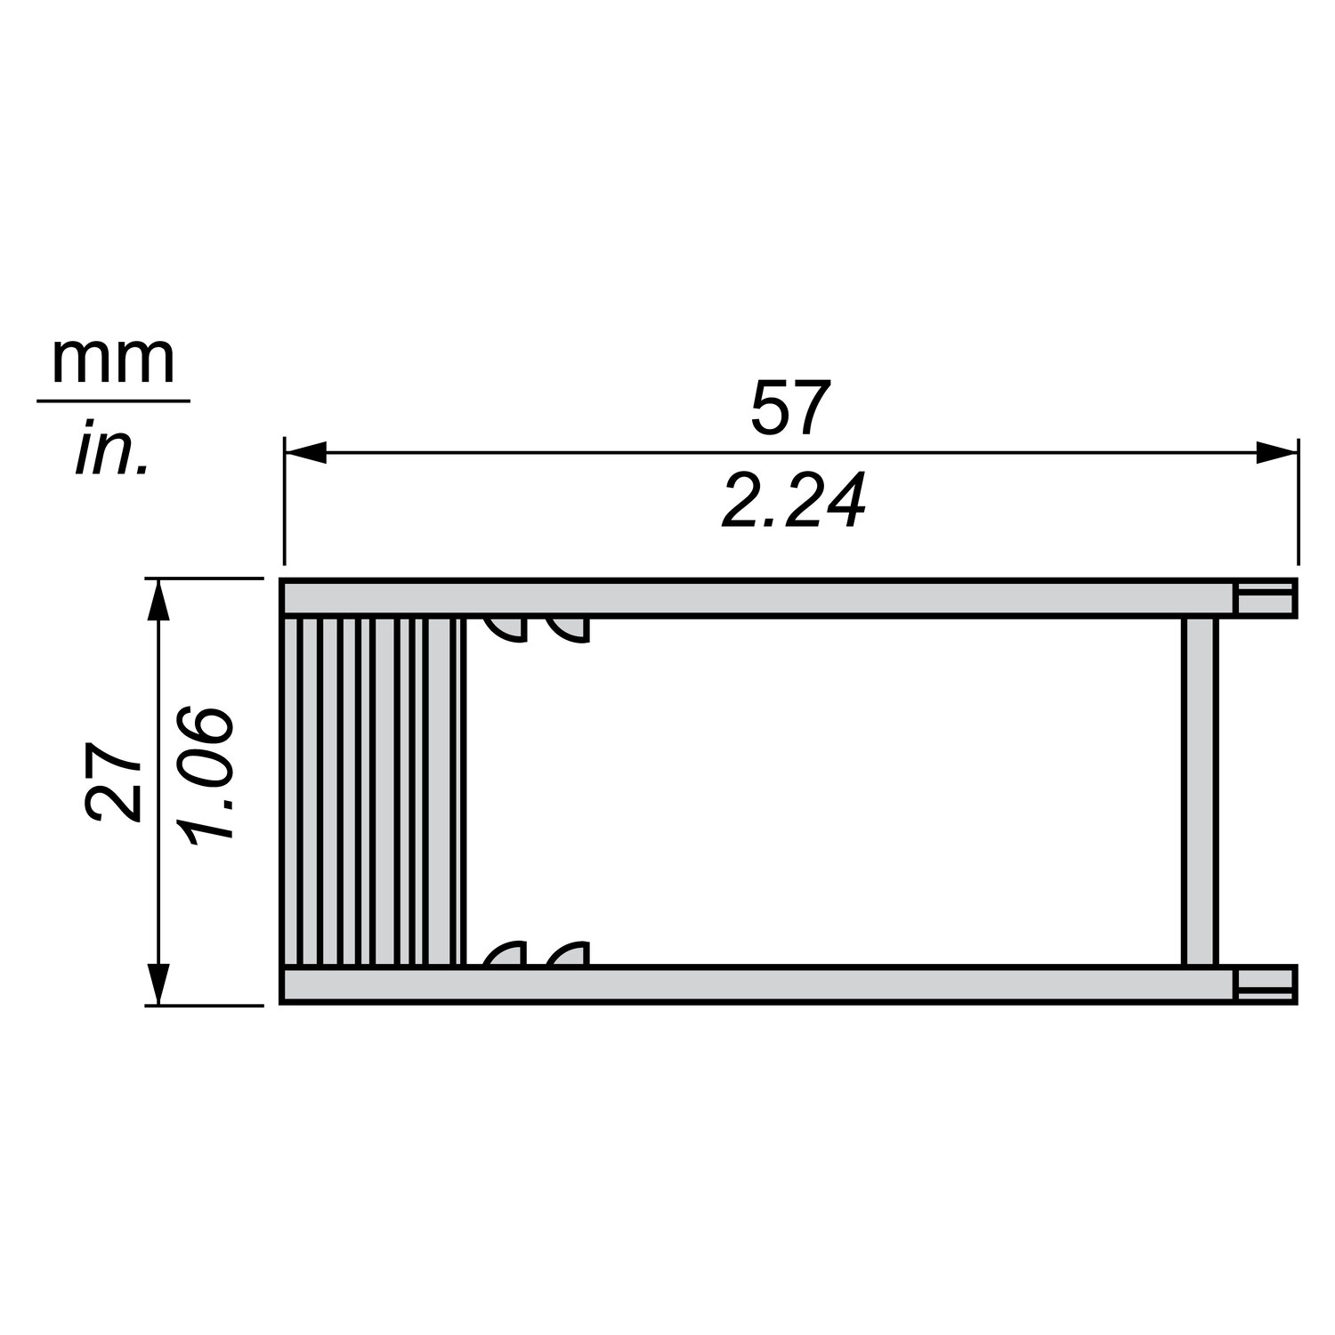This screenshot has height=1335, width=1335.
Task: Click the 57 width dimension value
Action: pyautogui.click(x=791, y=408)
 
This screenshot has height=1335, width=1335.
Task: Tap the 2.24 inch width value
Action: pyautogui.click(x=793, y=501)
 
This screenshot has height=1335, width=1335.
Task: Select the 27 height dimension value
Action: pyautogui.click(x=113, y=781)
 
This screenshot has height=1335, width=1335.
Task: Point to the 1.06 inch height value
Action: pyautogui.click(x=206, y=773)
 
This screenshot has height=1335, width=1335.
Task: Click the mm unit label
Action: pyautogui.click(x=114, y=360)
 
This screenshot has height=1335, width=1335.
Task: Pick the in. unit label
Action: pyautogui.click(x=110, y=449)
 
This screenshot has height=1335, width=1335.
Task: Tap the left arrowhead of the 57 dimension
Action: pyautogui.click(x=305, y=454)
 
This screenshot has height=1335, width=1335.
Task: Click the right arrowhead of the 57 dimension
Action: pyautogui.click(x=1275, y=454)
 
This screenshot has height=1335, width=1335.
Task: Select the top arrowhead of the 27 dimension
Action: pyautogui.click(x=158, y=601)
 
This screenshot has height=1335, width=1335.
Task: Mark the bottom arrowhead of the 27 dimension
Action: pyautogui.click(x=158, y=983)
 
